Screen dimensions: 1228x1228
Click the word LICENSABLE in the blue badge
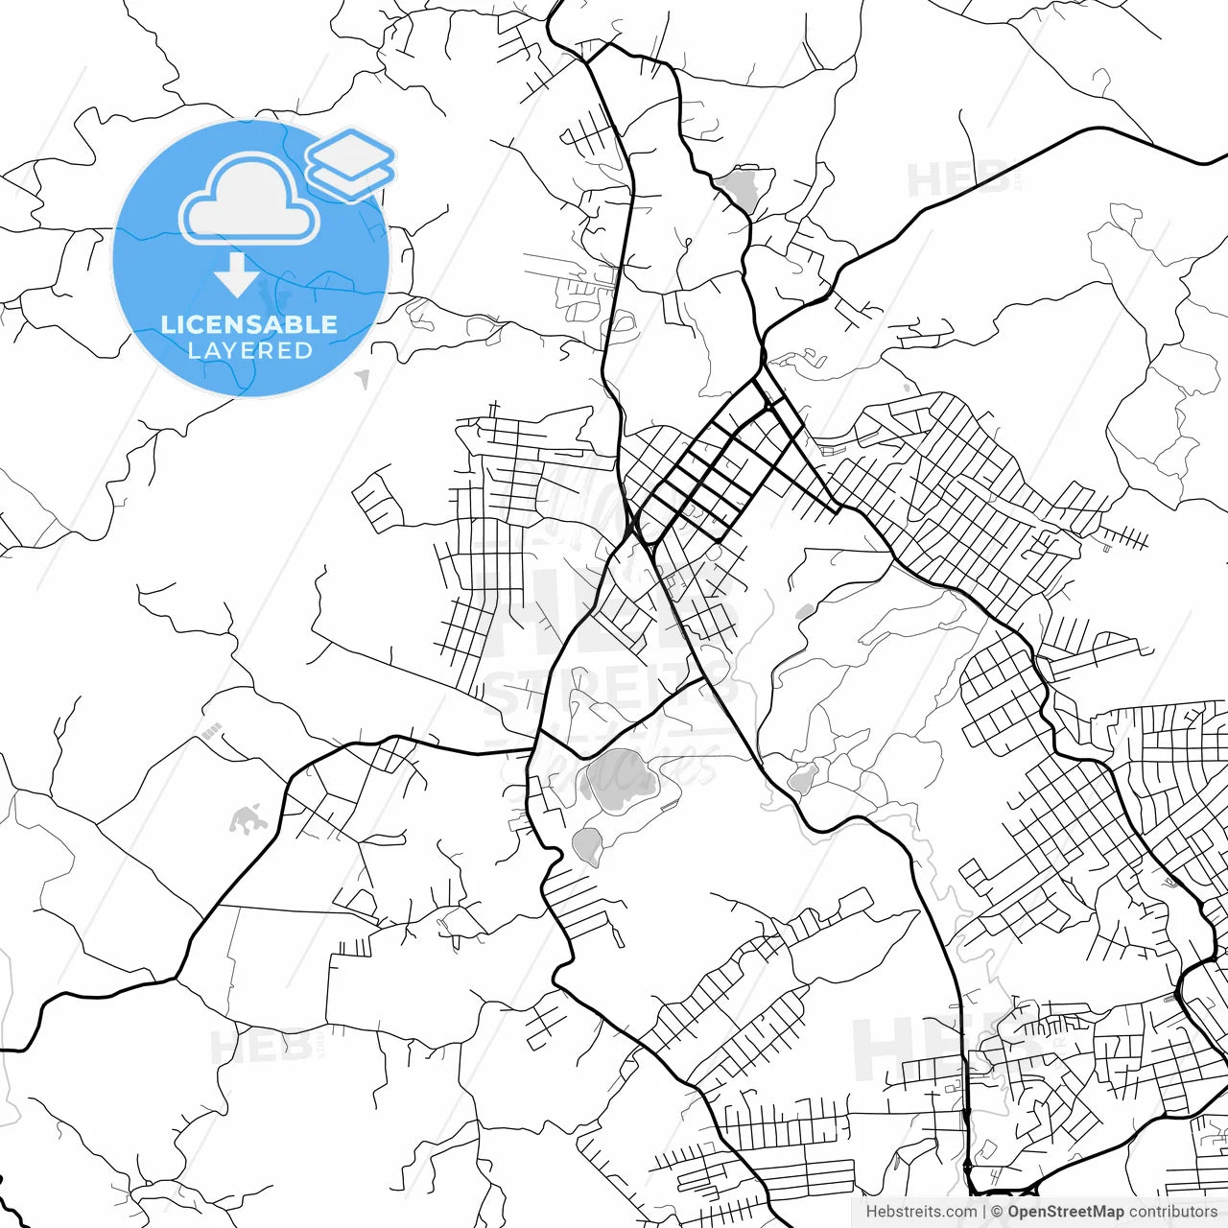click(249, 324)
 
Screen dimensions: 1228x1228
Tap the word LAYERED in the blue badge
click(249, 351)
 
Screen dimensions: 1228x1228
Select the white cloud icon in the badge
click(249, 200)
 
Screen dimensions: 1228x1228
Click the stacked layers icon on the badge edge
click(350, 163)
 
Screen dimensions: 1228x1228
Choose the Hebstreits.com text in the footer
click(921, 1212)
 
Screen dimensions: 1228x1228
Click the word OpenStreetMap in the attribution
click(1065, 1212)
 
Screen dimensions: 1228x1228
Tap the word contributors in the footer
click(1172, 1212)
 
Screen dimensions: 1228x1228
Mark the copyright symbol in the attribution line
click(997, 1212)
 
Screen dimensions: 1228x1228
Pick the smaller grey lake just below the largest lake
click(586, 844)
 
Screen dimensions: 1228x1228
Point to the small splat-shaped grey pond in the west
click(247, 819)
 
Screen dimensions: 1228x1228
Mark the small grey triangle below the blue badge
click(363, 379)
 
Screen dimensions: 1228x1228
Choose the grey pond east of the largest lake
click(803, 779)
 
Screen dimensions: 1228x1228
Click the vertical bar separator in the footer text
click(984, 1212)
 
